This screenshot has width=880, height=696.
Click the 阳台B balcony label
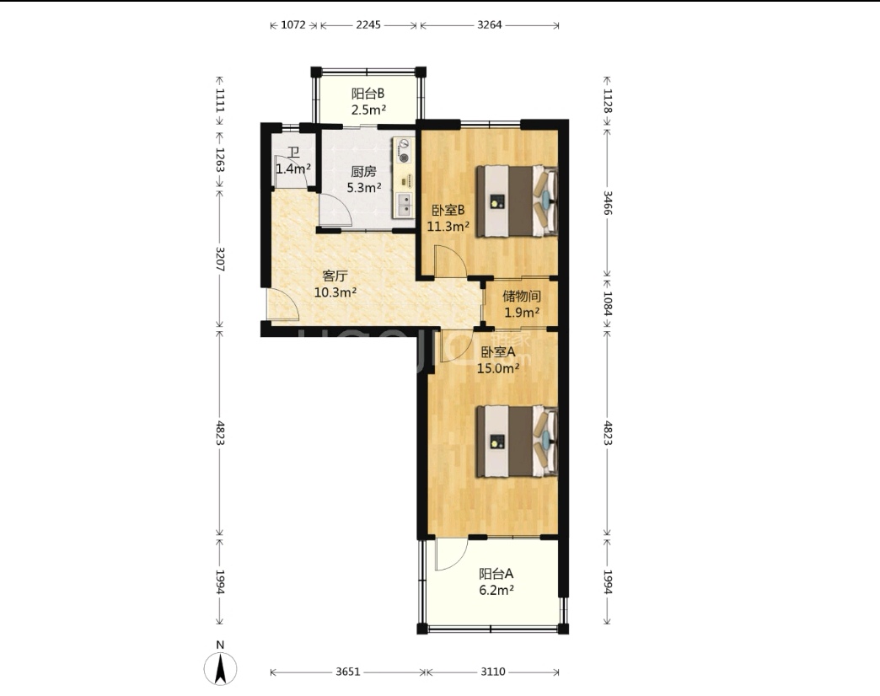pyautogui.click(x=368, y=94)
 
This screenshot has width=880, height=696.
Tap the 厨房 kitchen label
pyautogui.click(x=363, y=172)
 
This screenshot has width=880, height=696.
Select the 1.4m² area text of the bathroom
pyautogui.click(x=293, y=169)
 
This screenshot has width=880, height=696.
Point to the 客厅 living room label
pyautogui.click(x=335, y=276)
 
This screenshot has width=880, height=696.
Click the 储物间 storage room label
pyautogui.click(x=522, y=296)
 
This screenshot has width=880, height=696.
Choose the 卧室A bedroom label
pyautogui.click(x=498, y=352)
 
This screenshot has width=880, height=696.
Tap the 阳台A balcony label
pyautogui.click(x=496, y=574)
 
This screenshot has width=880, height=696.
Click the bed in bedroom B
pyautogui.click(x=517, y=201)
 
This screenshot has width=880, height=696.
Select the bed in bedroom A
pyautogui.click(x=517, y=442)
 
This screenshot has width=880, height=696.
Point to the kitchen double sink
pyautogui.click(x=404, y=205)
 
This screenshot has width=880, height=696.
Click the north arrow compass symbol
pyautogui.click(x=220, y=667)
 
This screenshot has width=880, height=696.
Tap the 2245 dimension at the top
pyautogui.click(x=368, y=24)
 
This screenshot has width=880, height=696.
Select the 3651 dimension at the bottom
pyautogui.click(x=348, y=672)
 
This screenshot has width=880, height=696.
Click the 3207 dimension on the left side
pyautogui.click(x=220, y=260)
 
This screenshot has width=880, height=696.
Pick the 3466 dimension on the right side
pyautogui.click(x=607, y=203)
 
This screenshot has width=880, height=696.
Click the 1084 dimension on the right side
pyautogui.click(x=607, y=302)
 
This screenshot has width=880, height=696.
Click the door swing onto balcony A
pyautogui.click(x=451, y=554)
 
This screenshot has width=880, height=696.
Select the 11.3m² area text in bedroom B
pyautogui.click(x=448, y=228)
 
